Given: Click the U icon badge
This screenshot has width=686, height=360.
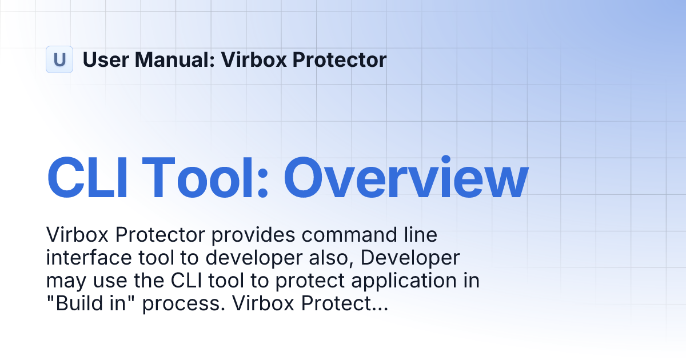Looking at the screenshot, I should point(59,59).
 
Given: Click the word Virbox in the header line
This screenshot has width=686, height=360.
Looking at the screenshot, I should point(251,59).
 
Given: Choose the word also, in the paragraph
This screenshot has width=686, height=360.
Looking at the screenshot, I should point(327,258).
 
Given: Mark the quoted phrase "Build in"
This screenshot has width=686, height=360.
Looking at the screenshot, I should point(91,305).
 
